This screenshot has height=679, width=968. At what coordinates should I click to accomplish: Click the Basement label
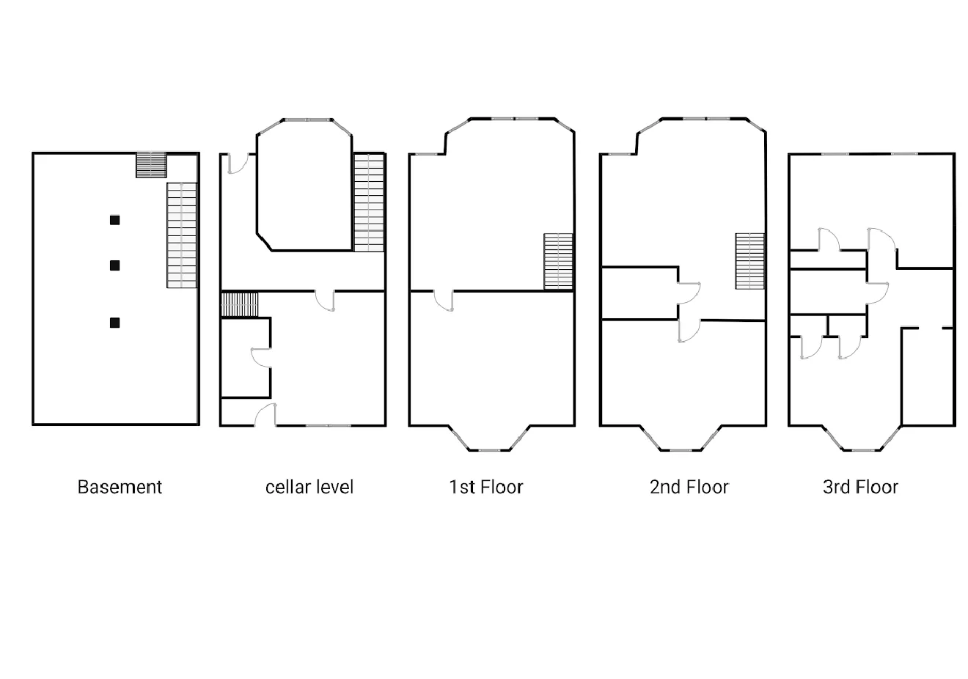[120, 487]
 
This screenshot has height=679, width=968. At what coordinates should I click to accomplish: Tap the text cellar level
[309, 487]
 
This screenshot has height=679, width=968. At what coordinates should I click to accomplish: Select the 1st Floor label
[485, 487]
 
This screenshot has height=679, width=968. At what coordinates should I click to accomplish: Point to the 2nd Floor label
[689, 487]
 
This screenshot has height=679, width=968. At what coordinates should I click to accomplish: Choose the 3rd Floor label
[860, 487]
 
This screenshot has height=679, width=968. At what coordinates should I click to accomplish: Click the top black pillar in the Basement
[114, 220]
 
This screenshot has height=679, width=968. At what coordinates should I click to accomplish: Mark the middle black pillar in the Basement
[114, 265]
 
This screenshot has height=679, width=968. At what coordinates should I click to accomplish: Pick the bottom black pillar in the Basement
[114, 323]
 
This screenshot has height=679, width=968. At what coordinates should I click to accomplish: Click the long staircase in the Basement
[182, 235]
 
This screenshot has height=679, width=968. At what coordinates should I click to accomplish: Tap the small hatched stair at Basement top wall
[152, 165]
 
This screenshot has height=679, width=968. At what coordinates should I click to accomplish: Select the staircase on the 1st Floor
[558, 261]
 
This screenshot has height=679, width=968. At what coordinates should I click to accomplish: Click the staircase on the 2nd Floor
[750, 261]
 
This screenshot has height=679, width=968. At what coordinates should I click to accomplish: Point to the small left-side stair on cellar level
[241, 304]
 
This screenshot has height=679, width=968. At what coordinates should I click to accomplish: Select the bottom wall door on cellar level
[265, 415]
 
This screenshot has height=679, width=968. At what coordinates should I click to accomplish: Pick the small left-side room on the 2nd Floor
[639, 293]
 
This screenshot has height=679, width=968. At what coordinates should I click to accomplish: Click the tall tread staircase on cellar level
[369, 202]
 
